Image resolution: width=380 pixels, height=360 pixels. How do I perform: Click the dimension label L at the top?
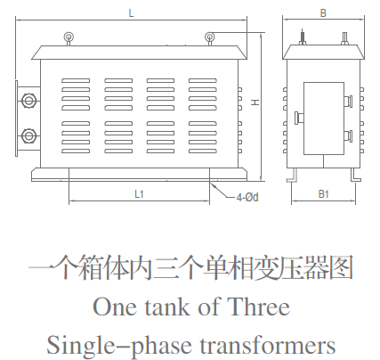tap(131, 13)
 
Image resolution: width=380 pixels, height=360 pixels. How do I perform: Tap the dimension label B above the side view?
tap(323, 13)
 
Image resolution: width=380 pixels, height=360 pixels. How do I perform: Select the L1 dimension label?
tap(139, 194)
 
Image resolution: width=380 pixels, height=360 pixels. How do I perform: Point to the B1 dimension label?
tap(324, 194)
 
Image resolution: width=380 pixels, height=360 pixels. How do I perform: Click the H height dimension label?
tap(255, 102)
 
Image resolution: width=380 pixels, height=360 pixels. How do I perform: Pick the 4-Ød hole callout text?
tap(247, 197)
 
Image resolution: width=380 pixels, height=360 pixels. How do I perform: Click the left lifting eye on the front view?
tap(69, 38)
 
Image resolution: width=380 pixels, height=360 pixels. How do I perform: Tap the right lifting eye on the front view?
tap(209, 38)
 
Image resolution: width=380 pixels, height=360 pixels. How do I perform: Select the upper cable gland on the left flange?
tap(28, 101)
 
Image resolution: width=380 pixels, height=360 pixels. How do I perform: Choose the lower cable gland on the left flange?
tap(28, 136)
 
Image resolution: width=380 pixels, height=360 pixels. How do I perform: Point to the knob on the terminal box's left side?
tap(299, 118)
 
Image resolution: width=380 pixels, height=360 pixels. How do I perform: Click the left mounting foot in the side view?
tap(292, 176)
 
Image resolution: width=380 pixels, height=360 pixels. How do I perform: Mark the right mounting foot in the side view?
tap(356, 175)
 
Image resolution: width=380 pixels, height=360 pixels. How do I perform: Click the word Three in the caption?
tap(258, 307)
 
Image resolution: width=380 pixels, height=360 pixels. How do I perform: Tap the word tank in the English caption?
tap(167, 307)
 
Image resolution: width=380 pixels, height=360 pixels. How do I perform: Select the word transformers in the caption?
tap(268, 346)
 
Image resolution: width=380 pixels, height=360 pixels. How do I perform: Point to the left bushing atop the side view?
tap(303, 37)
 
